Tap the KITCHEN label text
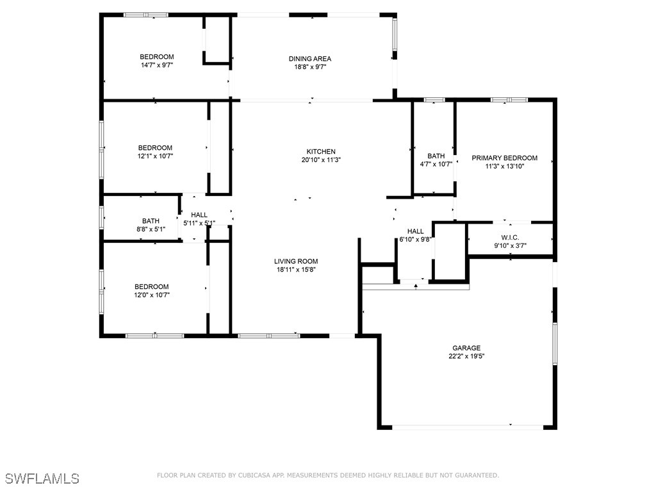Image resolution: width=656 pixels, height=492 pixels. point(321,151)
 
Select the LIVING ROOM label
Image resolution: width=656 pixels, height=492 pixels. point(296,261)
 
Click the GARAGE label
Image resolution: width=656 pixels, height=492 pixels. point(466,348)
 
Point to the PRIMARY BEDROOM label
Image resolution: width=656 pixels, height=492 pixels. point(504,158)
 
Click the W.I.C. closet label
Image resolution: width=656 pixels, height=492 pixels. point(510,237)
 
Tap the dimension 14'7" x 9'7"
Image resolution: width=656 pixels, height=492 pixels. point(157,65)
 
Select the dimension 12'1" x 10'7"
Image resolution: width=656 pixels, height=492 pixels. point(154,156)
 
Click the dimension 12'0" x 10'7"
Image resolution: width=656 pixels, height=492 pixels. point(151,295)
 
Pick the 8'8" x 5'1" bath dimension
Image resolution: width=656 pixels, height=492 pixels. point(151,229)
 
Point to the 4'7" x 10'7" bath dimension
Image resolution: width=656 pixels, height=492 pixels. point(436,164)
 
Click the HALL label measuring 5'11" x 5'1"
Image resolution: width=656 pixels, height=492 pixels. point(199,215)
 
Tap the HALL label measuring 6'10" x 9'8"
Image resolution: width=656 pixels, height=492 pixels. point(415,231)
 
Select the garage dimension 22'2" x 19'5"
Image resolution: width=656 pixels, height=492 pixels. point(466,356)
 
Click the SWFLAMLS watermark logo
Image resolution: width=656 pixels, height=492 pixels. point(42,479)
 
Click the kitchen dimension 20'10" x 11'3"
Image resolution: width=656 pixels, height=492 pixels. point(321,160)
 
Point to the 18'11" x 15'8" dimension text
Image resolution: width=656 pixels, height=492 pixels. point(296,269)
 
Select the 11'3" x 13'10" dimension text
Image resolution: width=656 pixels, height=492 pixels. point(504,166)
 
